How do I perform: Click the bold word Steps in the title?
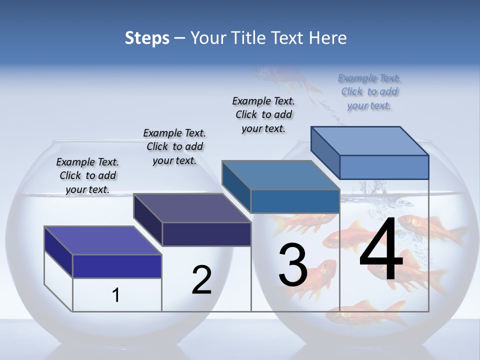[x=147, y=38]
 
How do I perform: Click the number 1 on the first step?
[x=116, y=295]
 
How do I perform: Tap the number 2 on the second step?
[x=201, y=280]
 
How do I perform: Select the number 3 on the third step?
[x=292, y=265]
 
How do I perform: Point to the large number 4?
[x=381, y=250]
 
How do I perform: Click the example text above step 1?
[x=87, y=175]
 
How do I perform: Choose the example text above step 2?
[x=174, y=146]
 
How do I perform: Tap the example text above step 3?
[x=263, y=114]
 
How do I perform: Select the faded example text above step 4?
[x=369, y=91]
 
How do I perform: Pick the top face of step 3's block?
[x=280, y=175]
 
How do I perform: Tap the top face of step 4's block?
[x=369, y=141]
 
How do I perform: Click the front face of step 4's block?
[x=384, y=167]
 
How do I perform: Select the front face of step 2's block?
[x=206, y=234]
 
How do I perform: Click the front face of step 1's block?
[x=117, y=266]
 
